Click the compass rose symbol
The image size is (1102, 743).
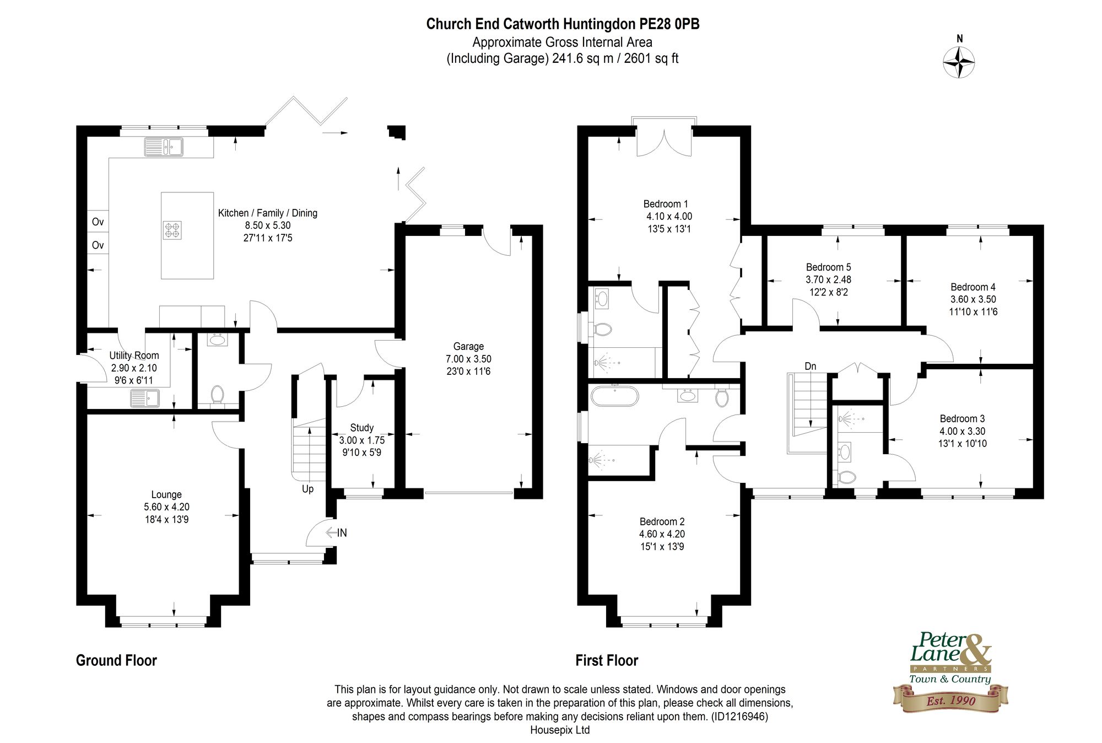(959, 62)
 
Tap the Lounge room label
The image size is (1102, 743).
(166, 494)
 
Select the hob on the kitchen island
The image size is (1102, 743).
(172, 229)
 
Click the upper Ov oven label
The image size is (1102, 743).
(98, 222)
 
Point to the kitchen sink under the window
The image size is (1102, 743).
(164, 147)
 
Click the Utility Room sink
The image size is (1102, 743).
(145, 397)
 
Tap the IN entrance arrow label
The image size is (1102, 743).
(342, 532)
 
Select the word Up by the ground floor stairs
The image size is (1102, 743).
(307, 489)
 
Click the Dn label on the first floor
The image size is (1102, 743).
(810, 366)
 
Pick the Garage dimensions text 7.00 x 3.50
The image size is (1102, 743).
(468, 359)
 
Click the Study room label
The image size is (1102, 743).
(361, 428)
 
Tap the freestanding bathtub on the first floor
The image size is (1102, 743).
(614, 396)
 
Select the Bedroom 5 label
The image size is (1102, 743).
(828, 267)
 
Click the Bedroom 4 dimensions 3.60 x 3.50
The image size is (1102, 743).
(973, 299)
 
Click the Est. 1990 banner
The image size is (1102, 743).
(950, 701)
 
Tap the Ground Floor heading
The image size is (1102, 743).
(116, 660)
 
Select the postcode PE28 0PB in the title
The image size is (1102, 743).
(669, 24)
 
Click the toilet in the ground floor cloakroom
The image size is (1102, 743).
(218, 395)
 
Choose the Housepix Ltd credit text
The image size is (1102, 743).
(560, 730)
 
